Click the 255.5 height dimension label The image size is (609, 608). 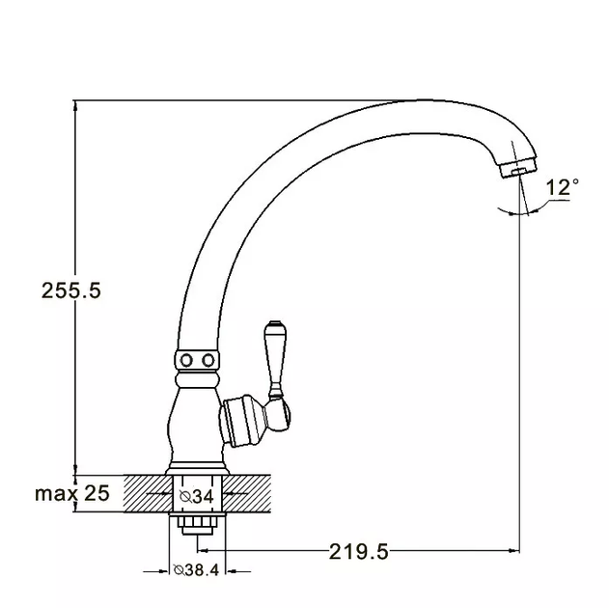71,290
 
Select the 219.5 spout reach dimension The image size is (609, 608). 358,551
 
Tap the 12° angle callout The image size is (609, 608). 562,187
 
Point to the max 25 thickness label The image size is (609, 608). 72,493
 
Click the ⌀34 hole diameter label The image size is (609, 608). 197,496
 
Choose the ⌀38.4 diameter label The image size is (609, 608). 196,570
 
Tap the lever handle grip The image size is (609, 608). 275,356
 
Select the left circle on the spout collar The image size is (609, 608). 186,360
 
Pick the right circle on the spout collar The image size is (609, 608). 208,360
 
